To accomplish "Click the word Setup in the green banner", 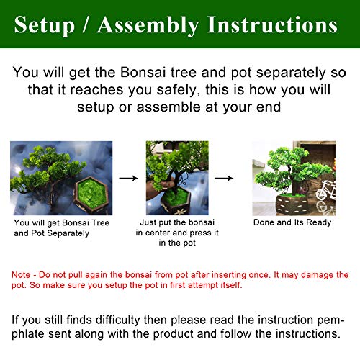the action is [x=45, y=25].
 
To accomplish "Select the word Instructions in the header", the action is [x=272, y=24].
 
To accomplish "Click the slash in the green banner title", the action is [x=86, y=24].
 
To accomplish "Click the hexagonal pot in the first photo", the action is [x=91, y=195].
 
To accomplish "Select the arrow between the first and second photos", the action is [x=129, y=178].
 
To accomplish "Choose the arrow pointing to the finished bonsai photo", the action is [x=224, y=178].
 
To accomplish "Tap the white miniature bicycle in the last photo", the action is [x=325, y=191].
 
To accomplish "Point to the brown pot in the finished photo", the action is [x=294, y=204].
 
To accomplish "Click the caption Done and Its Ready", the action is [x=292, y=222].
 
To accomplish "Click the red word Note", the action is [x=21, y=275].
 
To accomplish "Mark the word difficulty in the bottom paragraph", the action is [x=118, y=320].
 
